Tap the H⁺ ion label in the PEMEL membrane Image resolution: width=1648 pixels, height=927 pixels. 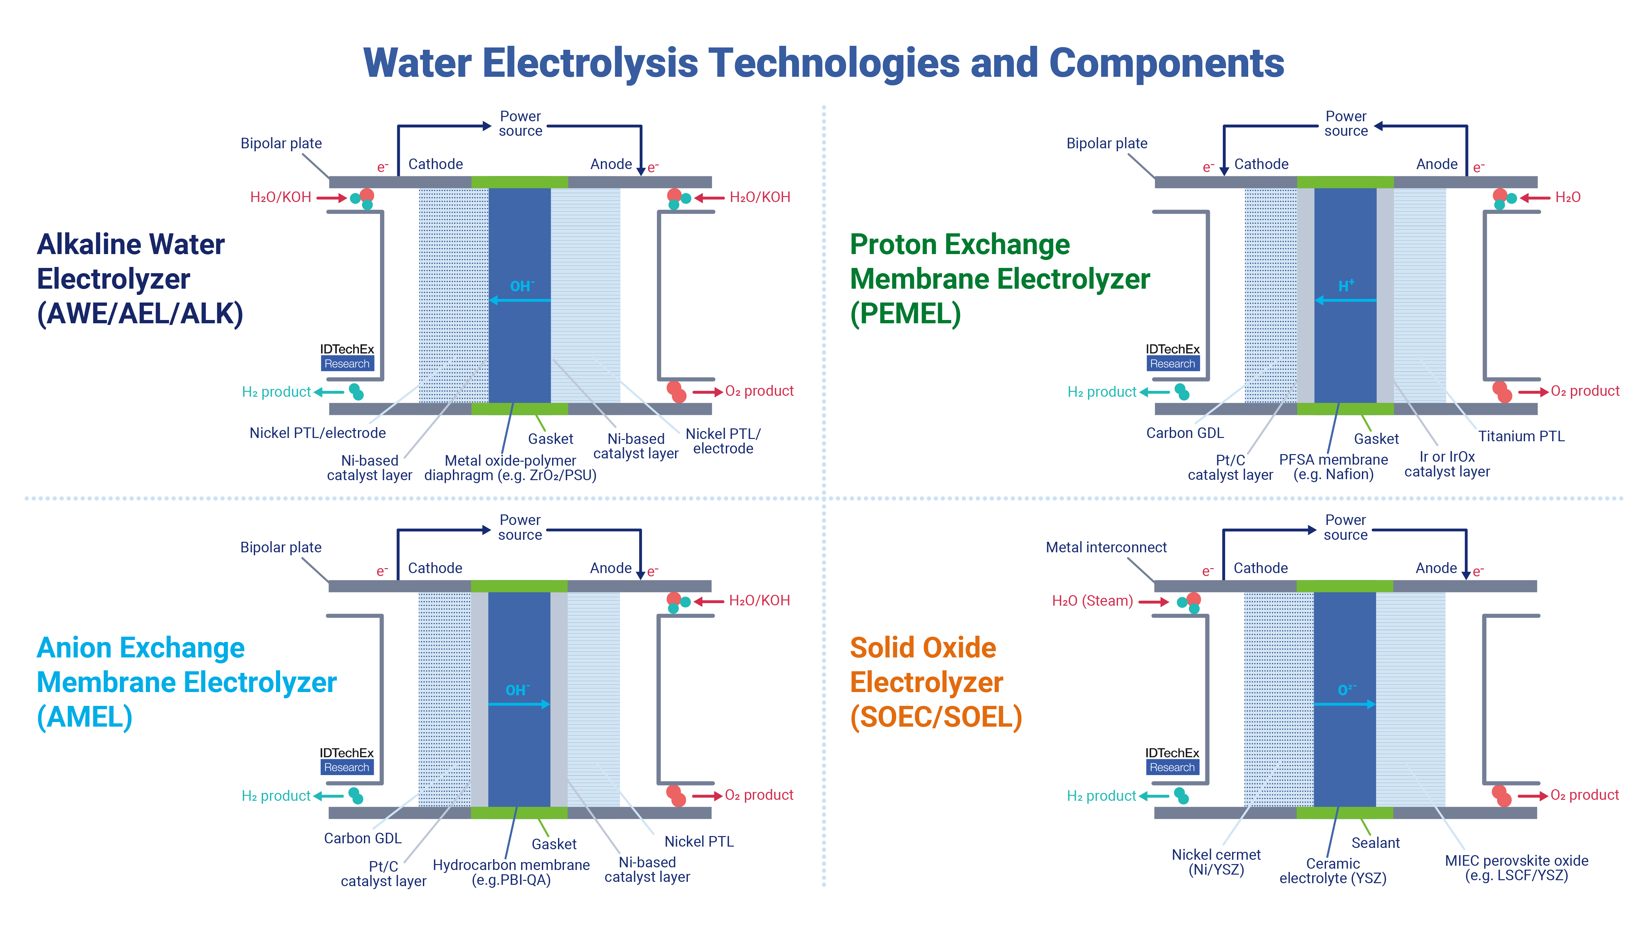(x=1346, y=285)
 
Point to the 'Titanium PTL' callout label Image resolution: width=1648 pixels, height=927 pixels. (x=1521, y=436)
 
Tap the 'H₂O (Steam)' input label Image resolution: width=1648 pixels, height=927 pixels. (x=1092, y=601)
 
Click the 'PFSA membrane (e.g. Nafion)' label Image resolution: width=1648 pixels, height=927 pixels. (x=1333, y=467)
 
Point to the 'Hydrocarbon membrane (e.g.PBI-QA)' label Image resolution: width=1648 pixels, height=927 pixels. (x=511, y=872)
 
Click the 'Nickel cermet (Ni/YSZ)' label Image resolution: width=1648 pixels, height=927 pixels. (x=1216, y=862)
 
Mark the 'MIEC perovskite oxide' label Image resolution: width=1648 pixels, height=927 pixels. (x=1516, y=867)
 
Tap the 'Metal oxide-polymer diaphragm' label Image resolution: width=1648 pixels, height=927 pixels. (x=510, y=468)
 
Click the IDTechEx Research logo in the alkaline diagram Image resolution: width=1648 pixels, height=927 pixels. (x=347, y=356)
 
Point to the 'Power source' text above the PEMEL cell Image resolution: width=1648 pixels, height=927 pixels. (x=1345, y=124)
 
